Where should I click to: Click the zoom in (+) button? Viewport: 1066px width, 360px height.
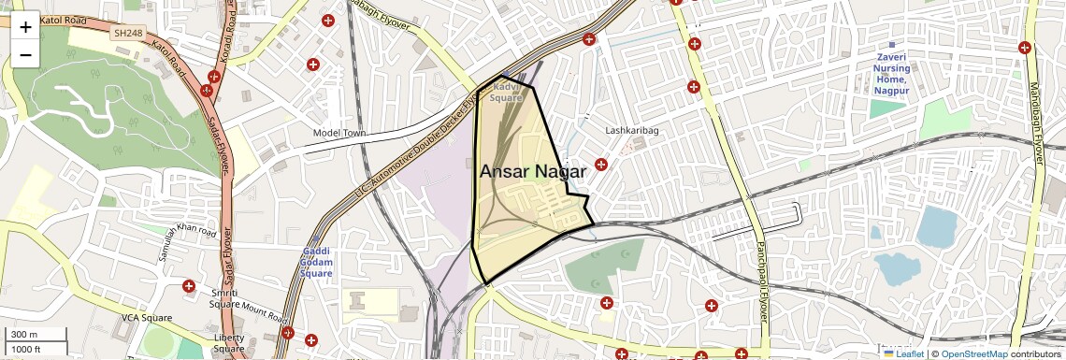coord(25,27)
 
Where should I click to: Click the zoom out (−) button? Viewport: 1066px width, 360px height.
coord(25,55)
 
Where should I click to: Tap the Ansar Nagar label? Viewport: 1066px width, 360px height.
coord(533,172)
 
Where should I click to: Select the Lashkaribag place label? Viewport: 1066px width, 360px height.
coord(632,131)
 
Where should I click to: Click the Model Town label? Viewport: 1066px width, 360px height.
coord(339,134)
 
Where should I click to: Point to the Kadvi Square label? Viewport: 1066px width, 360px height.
coord(506,92)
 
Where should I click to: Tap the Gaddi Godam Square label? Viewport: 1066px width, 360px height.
coord(316,262)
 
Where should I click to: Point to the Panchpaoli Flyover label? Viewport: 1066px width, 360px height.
coord(761,281)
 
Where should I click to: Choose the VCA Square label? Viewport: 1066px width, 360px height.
coord(147,318)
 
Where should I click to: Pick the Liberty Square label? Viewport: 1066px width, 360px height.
coord(229,343)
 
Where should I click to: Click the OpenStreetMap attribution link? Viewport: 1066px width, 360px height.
coord(973,354)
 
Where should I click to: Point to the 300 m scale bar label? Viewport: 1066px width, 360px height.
coord(24,335)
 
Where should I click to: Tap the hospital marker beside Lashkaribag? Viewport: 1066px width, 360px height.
coord(601,165)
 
